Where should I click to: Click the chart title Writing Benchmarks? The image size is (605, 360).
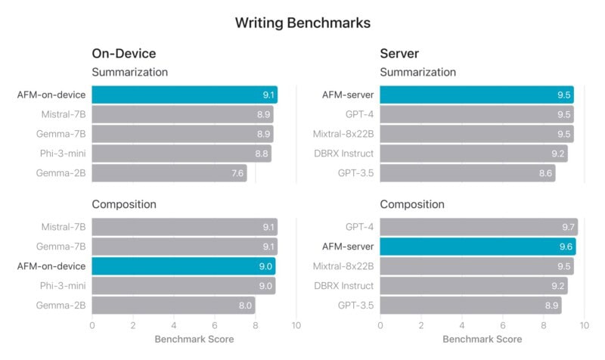302,23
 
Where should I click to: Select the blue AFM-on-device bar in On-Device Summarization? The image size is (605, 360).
185,95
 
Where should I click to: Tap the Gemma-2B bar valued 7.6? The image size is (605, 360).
169,173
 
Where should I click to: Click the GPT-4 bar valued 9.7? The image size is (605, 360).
478,227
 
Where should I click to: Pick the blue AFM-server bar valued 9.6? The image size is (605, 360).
477,247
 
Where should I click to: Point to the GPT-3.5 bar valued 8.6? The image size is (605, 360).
467,173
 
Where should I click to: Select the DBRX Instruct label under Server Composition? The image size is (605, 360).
343,286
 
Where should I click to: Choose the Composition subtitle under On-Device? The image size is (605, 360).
124,204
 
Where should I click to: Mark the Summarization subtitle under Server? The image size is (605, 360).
417,73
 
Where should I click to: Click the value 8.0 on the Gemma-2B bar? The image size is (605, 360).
244,306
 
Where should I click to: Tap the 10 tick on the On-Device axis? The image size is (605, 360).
296,325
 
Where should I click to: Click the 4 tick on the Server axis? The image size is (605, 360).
461,325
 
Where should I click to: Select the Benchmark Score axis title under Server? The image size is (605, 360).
482,340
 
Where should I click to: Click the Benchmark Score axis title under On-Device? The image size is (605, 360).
194,340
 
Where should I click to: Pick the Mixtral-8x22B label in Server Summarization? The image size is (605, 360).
343,134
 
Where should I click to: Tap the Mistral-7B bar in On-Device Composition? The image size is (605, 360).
185,227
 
